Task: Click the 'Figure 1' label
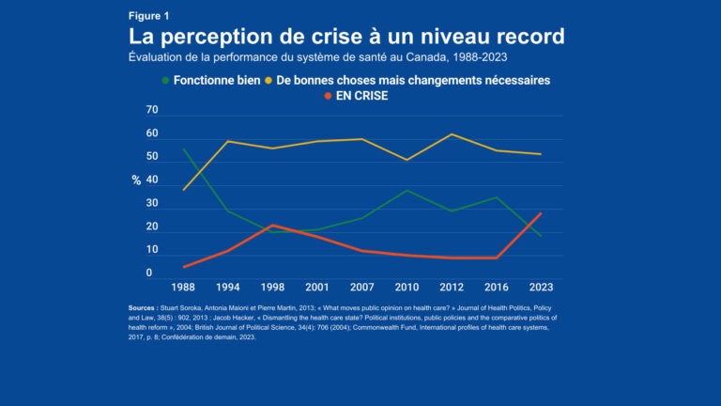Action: pos(150,16)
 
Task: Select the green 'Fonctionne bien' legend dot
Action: pos(166,81)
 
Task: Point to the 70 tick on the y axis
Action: pos(152,111)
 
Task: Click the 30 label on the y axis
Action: pos(152,204)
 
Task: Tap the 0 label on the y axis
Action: pos(149,273)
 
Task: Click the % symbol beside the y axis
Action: pos(136,180)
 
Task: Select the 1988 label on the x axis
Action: pos(183,287)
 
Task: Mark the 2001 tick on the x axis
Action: pos(317,287)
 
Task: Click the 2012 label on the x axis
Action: pos(453,287)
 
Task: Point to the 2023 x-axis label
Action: pos(541,287)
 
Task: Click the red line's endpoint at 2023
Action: pos(541,213)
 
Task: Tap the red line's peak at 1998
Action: pos(272,226)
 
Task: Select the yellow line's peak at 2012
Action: pos(453,134)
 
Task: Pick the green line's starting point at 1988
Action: pos(183,148)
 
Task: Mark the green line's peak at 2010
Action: pos(407,190)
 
